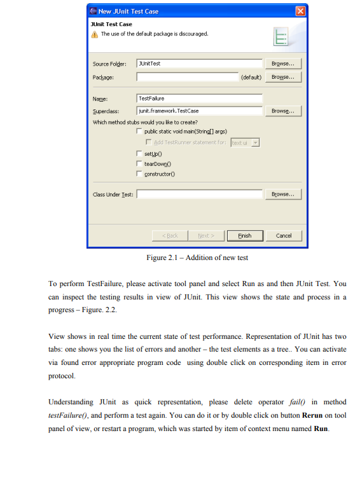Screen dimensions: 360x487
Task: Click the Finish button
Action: tap(244, 235)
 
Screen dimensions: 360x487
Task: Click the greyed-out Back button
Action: tap(171, 235)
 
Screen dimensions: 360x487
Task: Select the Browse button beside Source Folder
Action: tap(282, 64)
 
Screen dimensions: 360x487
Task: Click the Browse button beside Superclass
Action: tap(282, 111)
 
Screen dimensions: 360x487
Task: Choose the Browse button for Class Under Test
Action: tap(282, 194)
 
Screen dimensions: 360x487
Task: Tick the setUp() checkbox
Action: tap(139, 154)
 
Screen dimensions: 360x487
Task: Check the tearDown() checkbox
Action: tap(139, 163)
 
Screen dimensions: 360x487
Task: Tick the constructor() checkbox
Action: tap(139, 174)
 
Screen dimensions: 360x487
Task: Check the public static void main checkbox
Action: tap(139, 132)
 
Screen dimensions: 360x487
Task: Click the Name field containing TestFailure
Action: tap(199, 99)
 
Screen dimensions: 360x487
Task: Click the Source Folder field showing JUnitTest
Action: tap(199, 64)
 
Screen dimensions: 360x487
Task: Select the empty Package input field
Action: tap(187, 77)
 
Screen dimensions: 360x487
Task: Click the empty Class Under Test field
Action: tap(199, 194)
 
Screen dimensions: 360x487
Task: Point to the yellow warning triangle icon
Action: tap(95, 34)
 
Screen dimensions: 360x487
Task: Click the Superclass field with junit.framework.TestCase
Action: tap(199, 111)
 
